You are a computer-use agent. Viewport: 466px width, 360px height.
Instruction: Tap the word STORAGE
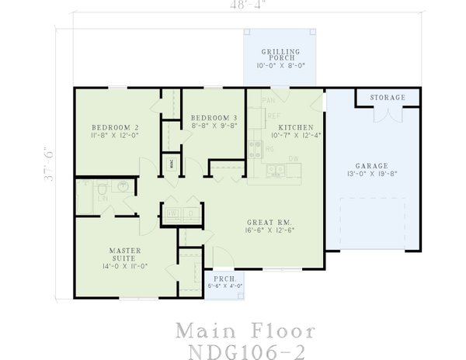388,98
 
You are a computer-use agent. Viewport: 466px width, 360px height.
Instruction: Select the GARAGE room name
372,165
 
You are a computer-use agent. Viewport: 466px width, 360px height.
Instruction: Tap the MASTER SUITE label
124,254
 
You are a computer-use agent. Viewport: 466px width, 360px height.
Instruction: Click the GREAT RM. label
268,221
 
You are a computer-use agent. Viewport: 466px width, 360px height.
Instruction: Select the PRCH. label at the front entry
222,278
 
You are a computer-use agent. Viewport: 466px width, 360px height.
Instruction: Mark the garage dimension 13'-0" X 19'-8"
372,175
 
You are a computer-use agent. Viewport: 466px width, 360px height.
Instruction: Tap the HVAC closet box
172,164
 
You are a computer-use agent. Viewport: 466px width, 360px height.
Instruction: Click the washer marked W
171,214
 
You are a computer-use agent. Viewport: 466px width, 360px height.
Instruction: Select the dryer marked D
190,214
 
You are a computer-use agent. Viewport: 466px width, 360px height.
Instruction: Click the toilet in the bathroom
102,189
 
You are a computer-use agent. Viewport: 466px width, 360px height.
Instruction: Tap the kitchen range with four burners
255,147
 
